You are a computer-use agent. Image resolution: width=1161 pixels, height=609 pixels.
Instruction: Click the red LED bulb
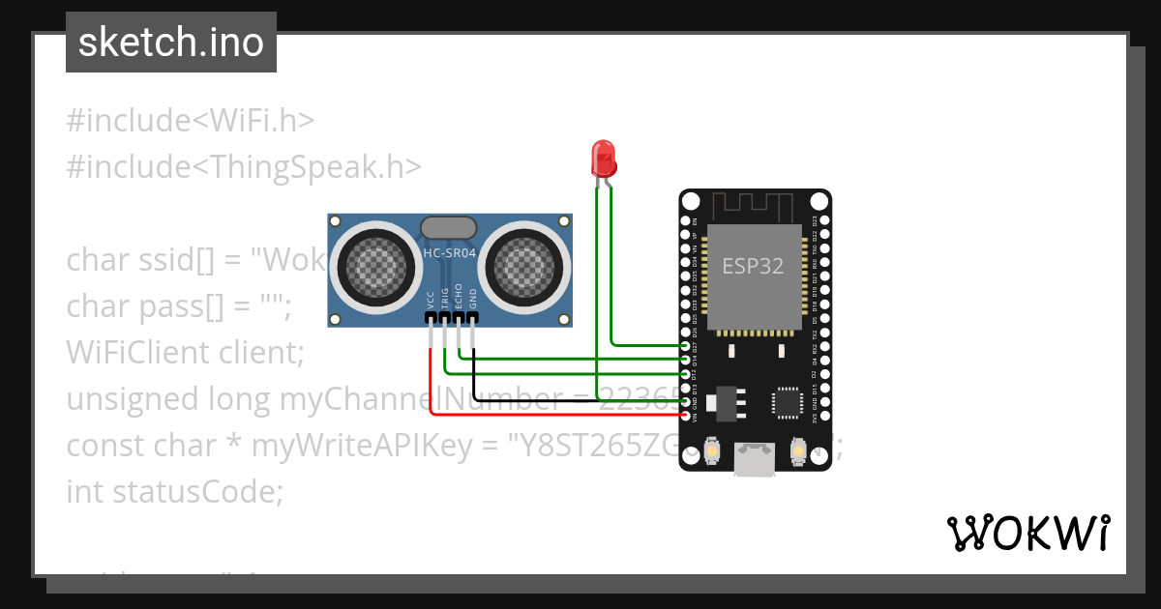(x=603, y=157)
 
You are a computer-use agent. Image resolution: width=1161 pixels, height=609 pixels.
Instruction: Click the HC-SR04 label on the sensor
(x=450, y=254)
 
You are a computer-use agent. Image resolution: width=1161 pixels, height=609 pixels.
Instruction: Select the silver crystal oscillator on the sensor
(x=449, y=227)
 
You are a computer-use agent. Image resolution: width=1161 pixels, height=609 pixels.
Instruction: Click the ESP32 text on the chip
(x=753, y=265)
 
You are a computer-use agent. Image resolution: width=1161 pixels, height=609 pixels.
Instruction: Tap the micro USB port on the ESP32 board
(x=754, y=459)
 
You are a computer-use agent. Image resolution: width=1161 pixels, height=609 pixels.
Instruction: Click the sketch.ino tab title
(x=171, y=43)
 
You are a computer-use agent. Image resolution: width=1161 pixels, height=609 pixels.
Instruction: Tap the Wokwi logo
(x=1027, y=533)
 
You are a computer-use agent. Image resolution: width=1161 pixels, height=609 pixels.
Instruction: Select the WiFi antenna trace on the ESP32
(x=754, y=205)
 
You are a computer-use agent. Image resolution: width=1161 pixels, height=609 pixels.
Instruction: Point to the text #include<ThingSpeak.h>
(x=244, y=166)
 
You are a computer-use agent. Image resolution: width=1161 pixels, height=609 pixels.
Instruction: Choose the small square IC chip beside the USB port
(x=787, y=402)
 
